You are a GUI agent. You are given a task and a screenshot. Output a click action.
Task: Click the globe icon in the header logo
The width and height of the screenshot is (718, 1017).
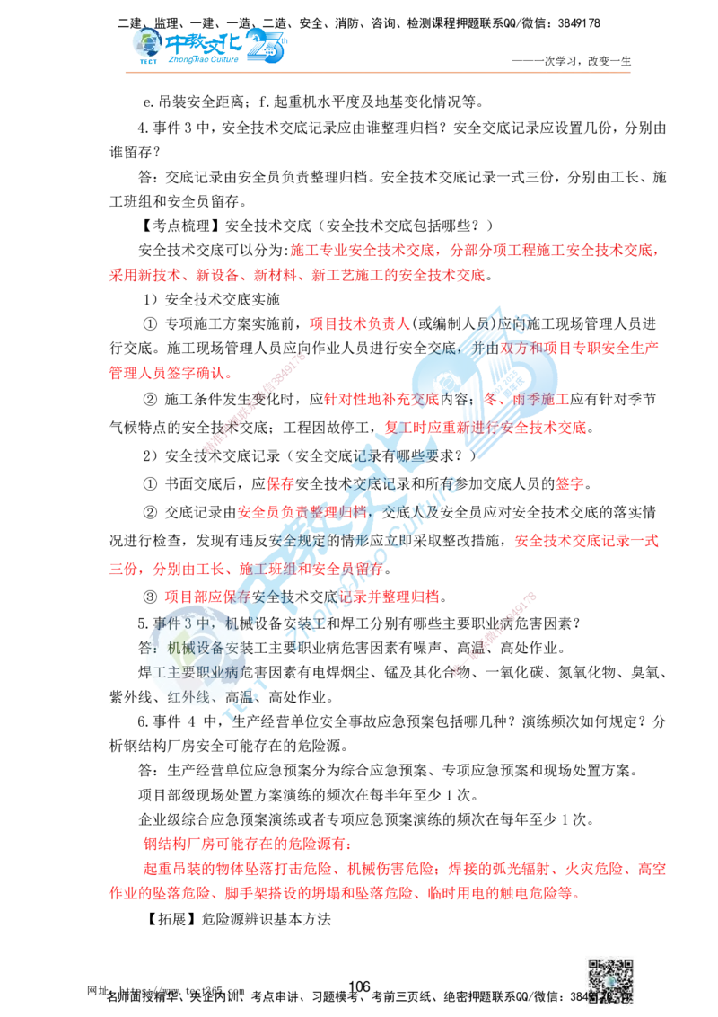144,43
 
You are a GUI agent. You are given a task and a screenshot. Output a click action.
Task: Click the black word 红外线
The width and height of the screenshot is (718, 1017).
190,694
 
